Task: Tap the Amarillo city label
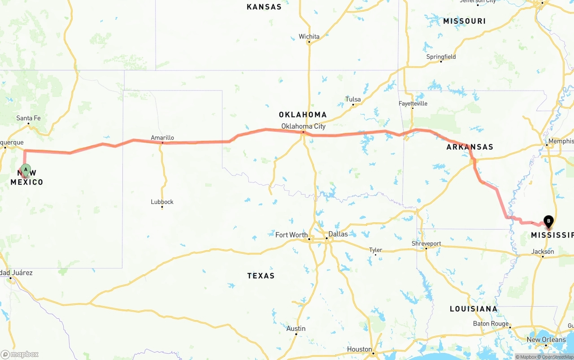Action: point(162,138)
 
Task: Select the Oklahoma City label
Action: point(303,126)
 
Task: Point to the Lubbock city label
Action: point(162,202)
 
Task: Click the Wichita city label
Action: point(309,36)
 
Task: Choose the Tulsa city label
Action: point(353,99)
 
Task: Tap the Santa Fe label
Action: point(28,118)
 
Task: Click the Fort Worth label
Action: point(291,234)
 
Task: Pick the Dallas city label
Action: point(338,234)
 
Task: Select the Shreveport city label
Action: point(426,243)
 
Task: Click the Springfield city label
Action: point(441,56)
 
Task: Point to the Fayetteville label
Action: point(413,104)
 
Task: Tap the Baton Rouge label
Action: point(491,324)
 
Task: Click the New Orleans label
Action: point(546,339)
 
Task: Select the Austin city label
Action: point(296,329)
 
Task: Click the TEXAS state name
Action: point(261,276)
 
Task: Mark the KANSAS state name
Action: point(264,7)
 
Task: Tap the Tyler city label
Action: point(375,250)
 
